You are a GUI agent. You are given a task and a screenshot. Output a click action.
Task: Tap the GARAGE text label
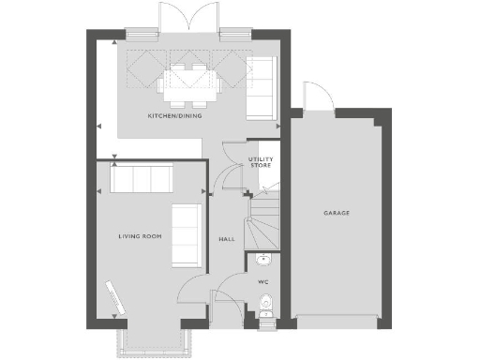tap(337, 213)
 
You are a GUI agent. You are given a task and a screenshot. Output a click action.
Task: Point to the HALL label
tap(226, 239)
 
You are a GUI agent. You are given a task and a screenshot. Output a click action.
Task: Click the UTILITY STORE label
tap(261, 162)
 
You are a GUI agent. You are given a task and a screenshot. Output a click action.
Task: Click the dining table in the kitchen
tap(192, 82)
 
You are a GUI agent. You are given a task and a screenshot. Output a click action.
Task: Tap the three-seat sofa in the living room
tap(142, 178)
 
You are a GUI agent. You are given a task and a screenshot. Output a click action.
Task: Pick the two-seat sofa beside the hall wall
tap(187, 234)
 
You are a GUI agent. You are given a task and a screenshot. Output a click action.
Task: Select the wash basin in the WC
tap(263, 260)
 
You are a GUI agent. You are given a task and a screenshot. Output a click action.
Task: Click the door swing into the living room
tap(195, 292)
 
